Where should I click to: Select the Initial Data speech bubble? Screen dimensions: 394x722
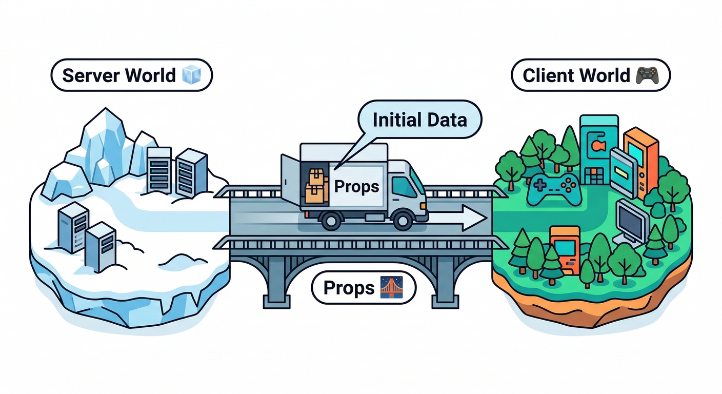(x=419, y=120)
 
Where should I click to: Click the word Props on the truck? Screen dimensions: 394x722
(x=356, y=186)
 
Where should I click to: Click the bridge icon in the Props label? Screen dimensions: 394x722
(x=391, y=288)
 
